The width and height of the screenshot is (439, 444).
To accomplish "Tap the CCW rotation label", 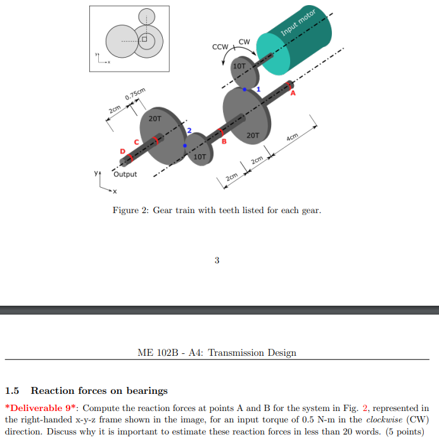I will pyautogui.click(x=220, y=48).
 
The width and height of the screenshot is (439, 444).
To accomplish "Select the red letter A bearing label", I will pyautogui.click(x=293, y=93).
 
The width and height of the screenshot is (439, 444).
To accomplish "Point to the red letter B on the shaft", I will pyautogui.click(x=224, y=141).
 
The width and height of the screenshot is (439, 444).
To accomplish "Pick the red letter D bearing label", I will pyautogui.click(x=122, y=151).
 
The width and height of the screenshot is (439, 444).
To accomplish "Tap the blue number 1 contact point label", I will pyautogui.click(x=258, y=89).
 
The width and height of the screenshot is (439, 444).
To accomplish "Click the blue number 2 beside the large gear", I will pyautogui.click(x=188, y=131).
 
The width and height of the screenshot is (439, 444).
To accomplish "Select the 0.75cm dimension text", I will pyautogui.click(x=136, y=97).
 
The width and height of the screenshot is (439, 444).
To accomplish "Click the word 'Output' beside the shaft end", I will pyautogui.click(x=125, y=174).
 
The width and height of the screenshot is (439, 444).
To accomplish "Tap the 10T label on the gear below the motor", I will pyautogui.click(x=239, y=66).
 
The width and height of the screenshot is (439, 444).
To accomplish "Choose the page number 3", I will pyautogui.click(x=217, y=259).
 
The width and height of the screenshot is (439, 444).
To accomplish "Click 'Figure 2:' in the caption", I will pyautogui.click(x=131, y=210).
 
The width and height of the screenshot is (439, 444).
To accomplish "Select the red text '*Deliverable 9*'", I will pyautogui.click(x=42, y=408).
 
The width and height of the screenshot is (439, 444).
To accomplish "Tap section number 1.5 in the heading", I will pyautogui.click(x=13, y=390).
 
